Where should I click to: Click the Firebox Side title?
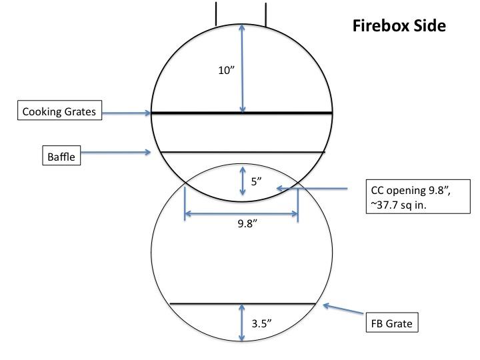(x=399, y=26)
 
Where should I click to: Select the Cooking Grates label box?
(x=60, y=110)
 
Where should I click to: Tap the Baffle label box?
(x=61, y=155)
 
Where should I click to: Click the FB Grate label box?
(x=392, y=323)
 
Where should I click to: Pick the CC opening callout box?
(x=418, y=197)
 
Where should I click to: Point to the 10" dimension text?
(x=226, y=71)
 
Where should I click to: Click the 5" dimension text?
(x=256, y=181)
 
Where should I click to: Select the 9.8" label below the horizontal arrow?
(x=247, y=224)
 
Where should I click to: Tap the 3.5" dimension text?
(x=262, y=323)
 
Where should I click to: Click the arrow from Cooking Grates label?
(x=127, y=113)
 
